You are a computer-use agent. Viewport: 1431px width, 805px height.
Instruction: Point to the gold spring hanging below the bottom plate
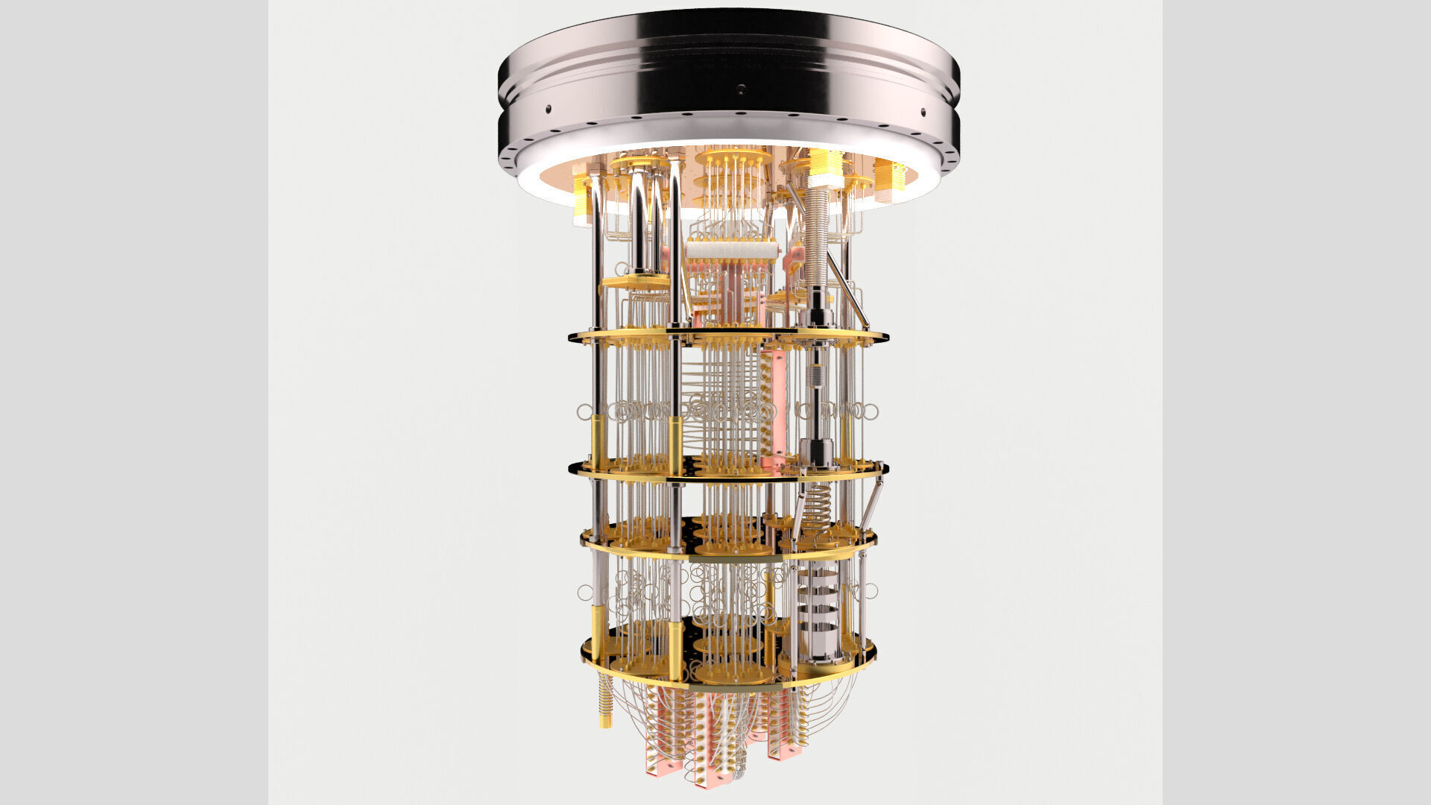pos(605,701)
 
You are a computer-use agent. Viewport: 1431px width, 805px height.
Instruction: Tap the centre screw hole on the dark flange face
pos(741,89)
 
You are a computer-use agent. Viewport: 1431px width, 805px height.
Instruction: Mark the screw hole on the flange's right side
pos(923,113)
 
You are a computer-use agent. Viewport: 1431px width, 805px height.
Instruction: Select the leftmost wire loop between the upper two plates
pos(584,411)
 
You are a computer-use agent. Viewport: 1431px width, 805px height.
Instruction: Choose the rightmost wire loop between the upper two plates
pos(871,411)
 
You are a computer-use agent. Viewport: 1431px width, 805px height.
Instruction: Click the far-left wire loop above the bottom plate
pos(585,593)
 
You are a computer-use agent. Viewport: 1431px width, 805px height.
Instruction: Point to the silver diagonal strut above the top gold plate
pos(847,291)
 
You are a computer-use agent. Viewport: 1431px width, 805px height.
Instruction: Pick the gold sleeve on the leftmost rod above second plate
pos(598,440)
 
